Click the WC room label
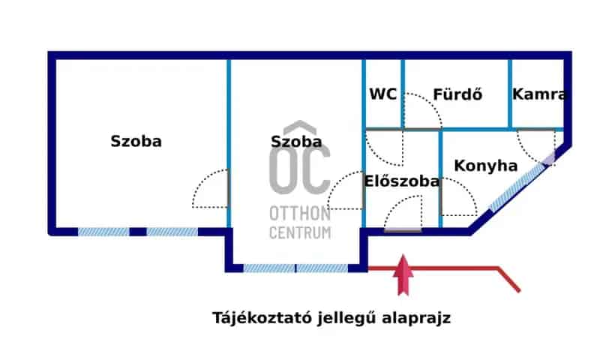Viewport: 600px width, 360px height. click(382, 94)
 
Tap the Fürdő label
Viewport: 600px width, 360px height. click(457, 94)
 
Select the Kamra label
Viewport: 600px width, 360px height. click(538, 94)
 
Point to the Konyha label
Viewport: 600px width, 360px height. click(486, 166)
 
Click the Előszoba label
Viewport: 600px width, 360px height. click(402, 181)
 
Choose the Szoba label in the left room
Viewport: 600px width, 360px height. click(136, 140)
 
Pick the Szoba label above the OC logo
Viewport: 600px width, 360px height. click(296, 141)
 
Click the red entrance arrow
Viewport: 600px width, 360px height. click(403, 274)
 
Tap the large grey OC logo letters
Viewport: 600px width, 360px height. click(299, 170)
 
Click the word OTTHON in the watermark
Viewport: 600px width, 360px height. click(299, 214)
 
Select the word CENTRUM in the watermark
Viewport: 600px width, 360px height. click(299, 232)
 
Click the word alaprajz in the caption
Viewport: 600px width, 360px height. click(422, 318)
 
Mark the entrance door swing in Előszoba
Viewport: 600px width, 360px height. click(402, 213)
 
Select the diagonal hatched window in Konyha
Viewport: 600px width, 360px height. click(520, 183)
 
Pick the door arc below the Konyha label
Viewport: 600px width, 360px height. click(459, 200)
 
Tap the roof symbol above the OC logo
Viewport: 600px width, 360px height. click(299, 127)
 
